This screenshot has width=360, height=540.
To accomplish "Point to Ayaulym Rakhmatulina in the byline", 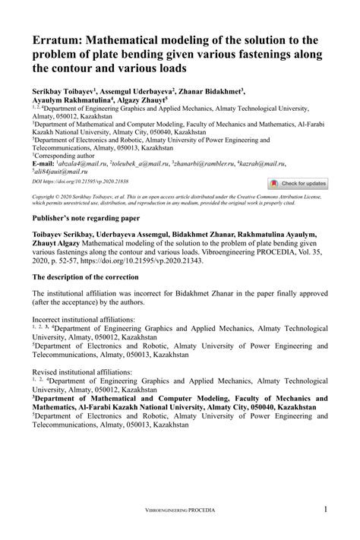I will tap(71, 99).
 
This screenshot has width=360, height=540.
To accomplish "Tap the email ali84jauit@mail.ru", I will tap(62, 172).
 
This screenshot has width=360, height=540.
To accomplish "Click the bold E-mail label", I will tap(43, 164).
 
